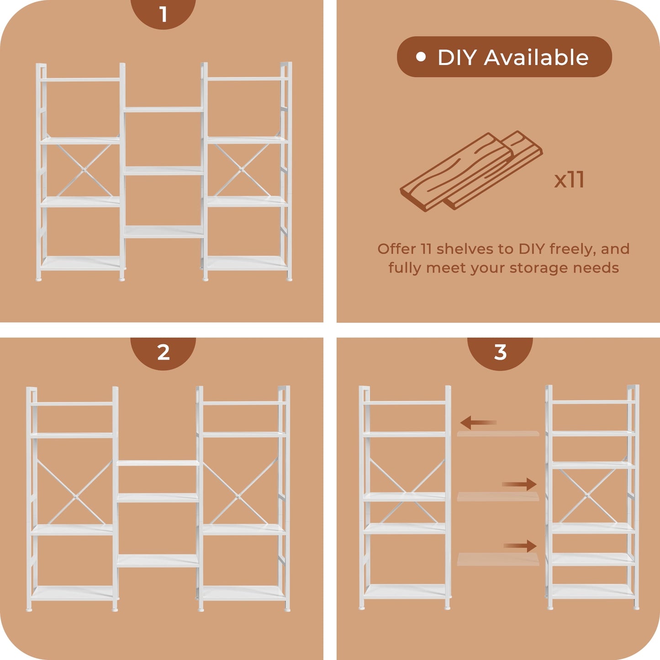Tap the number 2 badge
pos(163,353)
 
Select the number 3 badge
pos(500,353)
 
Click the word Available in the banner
pos(536,58)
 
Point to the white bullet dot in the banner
pos(421,57)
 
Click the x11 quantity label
pos(569,180)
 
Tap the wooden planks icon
pos(471,172)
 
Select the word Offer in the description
pos(396,249)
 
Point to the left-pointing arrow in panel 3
pos(478,422)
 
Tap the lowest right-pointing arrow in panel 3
pos(520,546)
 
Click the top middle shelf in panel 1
pos(164,110)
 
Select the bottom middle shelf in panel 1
pos(164,232)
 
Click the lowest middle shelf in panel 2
pos(158,560)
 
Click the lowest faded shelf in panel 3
pos(498,560)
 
